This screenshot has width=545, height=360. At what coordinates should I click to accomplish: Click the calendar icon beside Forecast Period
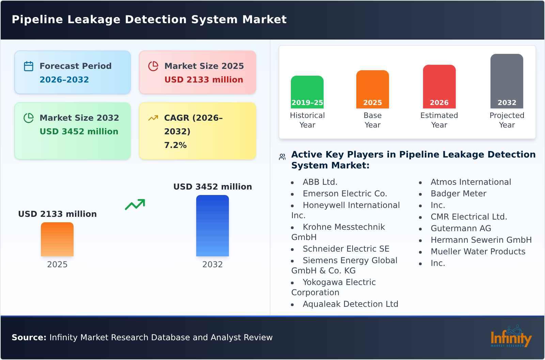coord(29,66)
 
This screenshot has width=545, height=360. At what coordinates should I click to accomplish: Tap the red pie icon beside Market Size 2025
coord(153,66)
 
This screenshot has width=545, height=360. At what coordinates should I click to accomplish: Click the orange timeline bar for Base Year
coord(372,89)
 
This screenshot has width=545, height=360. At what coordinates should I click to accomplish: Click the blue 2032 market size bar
coord(212,225)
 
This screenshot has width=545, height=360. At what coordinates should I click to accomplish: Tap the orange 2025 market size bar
coord(57,239)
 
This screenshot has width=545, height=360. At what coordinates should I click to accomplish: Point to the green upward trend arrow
coord(135,205)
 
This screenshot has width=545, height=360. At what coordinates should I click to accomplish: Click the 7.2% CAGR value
coord(175,145)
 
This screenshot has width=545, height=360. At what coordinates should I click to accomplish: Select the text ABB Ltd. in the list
coord(320,182)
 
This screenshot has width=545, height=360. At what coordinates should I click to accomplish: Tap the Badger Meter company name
coord(458,194)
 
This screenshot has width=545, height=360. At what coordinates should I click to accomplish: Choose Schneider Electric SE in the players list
coord(346,249)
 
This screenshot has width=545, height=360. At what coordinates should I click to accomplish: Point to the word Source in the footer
coord(29,337)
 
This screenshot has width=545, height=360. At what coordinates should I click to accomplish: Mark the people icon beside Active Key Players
coord(282,157)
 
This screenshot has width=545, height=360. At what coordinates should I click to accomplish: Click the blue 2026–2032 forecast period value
coord(64,80)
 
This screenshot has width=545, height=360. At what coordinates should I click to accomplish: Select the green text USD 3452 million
coord(79,132)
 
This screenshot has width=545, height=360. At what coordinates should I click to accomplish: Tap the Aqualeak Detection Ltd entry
coord(350,304)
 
